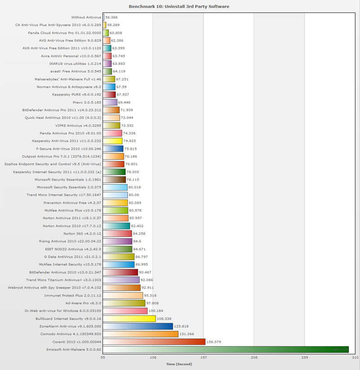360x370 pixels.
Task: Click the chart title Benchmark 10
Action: coord(179,7)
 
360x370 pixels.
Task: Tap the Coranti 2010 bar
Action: coord(154,342)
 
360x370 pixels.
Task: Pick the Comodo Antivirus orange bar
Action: coord(140,334)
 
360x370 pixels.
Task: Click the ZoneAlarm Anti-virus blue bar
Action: coord(138,326)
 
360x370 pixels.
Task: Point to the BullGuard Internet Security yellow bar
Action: coord(129,319)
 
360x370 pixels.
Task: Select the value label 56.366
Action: coord(112,18)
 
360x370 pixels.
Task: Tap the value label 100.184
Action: coord(156,311)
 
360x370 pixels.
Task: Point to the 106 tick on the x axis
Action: coord(153,358)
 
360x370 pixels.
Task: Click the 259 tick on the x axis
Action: coord(305,358)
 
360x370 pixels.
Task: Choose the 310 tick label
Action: coord(355,358)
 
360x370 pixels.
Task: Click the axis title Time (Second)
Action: coord(179,364)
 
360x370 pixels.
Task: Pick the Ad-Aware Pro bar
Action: coord(124,303)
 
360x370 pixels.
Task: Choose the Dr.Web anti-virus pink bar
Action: coord(125,311)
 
